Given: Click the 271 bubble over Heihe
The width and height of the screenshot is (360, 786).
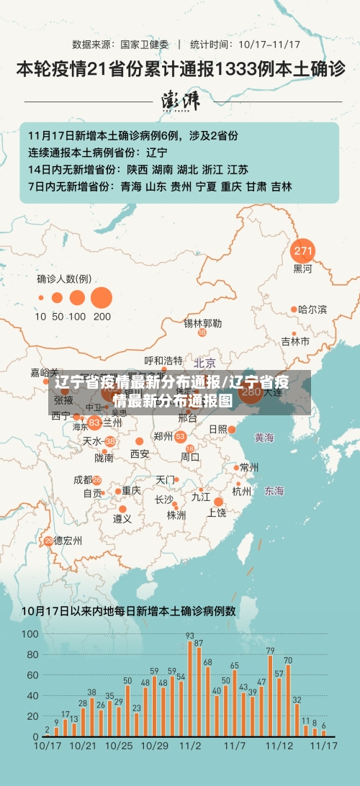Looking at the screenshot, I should [303, 252].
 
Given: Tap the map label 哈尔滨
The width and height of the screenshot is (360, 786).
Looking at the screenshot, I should [312, 310].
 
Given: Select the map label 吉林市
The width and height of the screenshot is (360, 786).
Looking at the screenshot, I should [295, 340].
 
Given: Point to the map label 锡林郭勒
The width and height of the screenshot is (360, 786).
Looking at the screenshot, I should [202, 323].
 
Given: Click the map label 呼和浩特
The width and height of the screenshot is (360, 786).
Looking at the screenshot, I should [163, 360].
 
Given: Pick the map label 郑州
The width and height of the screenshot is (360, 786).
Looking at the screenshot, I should [163, 436].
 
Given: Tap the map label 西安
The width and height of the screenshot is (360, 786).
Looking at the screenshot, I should [140, 453].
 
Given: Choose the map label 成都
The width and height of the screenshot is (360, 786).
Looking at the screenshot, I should [83, 479].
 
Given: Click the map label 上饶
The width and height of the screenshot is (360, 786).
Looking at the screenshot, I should [217, 512].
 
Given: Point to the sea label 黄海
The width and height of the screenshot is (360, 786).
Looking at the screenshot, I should [264, 437].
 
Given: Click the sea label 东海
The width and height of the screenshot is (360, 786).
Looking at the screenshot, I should [274, 491].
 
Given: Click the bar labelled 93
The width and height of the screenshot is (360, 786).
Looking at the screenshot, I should [190, 680].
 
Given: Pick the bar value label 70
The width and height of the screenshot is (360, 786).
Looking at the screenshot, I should [288, 660].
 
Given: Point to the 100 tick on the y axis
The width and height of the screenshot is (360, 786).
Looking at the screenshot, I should [30, 634].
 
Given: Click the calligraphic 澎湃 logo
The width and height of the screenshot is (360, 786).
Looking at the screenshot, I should [180, 100].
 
